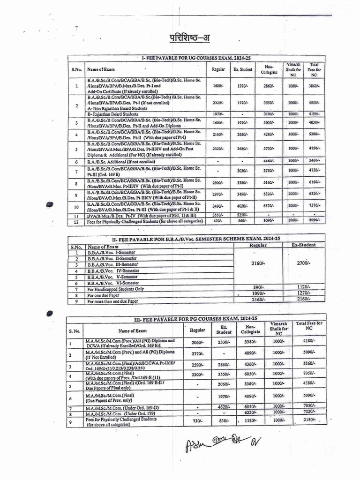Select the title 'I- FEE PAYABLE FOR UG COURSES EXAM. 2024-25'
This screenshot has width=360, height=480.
point(196,58)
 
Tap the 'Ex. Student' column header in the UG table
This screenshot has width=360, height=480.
point(243,69)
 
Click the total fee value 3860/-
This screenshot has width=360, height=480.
point(314,86)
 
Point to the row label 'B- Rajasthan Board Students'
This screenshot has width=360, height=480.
point(112,114)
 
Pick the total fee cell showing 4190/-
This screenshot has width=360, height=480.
point(314,114)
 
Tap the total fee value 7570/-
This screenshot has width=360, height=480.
point(314,206)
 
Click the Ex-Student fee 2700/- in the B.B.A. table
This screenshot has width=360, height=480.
point(301,263)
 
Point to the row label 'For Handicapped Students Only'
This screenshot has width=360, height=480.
point(116,290)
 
